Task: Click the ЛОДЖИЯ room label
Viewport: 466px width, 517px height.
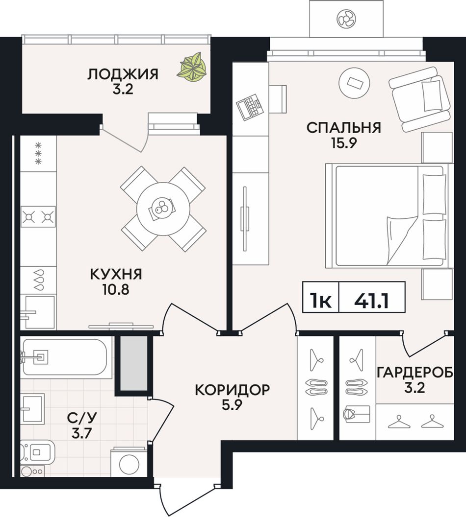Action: coord(123,74)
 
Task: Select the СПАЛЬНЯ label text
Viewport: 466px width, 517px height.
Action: coord(343,128)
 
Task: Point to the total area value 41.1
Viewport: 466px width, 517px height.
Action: coord(371,301)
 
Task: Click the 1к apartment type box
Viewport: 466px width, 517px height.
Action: coord(321,301)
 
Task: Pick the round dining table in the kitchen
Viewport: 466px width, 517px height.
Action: coord(163,209)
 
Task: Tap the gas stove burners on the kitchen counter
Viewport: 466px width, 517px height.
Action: coord(38,216)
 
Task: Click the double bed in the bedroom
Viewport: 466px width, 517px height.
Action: coord(387,215)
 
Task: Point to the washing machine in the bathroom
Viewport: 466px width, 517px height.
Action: coord(129,462)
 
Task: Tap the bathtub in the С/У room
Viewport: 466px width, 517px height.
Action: coord(64,357)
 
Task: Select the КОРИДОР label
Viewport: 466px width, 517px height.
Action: coord(233,390)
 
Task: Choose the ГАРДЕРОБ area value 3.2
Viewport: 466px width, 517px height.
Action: coord(414,388)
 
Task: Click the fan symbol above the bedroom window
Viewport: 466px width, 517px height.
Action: coord(346,19)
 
